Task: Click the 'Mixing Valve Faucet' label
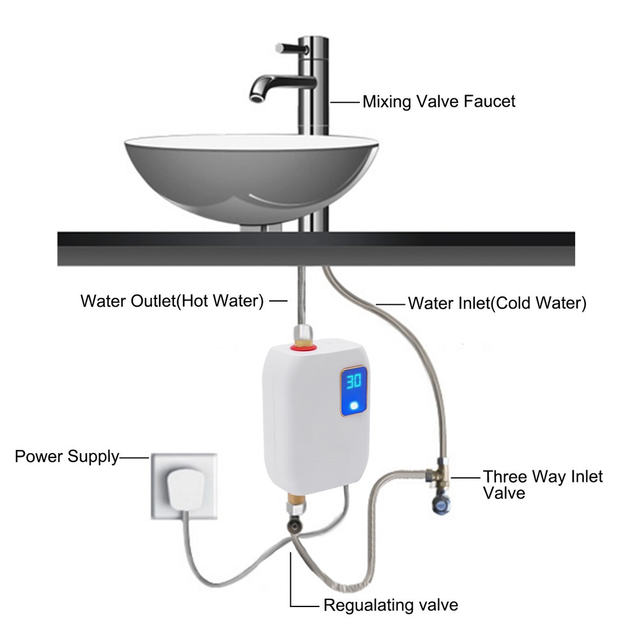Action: pos(438,102)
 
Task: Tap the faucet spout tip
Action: pos(256,96)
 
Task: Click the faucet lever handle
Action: pos(288,49)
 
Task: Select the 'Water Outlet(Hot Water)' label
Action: pos(172,302)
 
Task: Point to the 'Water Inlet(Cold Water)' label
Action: pos(497,303)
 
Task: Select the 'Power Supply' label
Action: pos(66,457)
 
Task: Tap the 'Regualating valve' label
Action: pos(390,604)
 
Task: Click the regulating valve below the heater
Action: pos(295,525)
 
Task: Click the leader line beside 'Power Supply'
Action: pos(134,458)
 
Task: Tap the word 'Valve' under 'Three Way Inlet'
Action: pos(504,493)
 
